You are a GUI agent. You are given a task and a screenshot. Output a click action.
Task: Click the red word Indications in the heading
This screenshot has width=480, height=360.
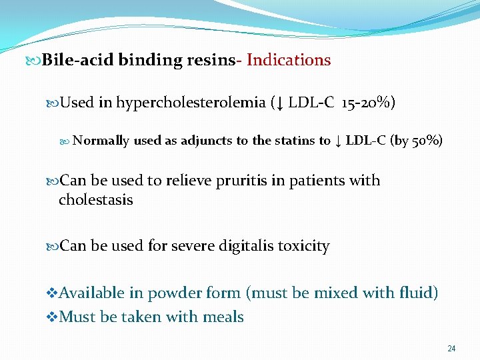(289, 60)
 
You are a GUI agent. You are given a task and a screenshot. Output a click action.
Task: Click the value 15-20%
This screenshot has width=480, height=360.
(368, 103)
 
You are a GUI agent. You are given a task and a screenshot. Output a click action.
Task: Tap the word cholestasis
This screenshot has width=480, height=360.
(95, 200)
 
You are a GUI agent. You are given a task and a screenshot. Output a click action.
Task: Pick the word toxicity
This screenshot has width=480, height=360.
(303, 246)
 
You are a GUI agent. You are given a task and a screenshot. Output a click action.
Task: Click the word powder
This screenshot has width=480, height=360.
(175, 293)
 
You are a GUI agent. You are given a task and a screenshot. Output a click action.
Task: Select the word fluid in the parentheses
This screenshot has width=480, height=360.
(416, 293)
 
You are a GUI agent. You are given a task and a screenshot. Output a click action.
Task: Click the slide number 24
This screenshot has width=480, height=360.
(451, 349)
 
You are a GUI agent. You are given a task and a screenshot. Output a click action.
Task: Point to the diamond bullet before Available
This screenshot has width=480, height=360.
(55, 293)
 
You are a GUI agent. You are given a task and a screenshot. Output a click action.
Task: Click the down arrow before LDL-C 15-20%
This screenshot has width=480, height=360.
(280, 103)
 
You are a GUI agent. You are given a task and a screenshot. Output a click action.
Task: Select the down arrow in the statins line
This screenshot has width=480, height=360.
(338, 141)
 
